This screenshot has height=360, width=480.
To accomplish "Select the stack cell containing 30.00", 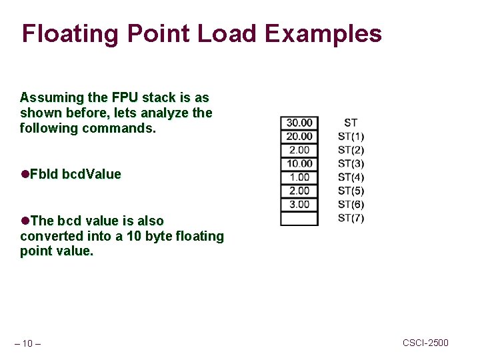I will pos(299,123).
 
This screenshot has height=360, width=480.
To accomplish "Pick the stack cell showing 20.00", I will pos(299,137).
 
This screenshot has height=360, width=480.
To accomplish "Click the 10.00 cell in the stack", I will pos(299,164).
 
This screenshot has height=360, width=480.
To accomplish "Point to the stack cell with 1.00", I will pos(299,177).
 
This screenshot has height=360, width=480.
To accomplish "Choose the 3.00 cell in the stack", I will pos(299,205).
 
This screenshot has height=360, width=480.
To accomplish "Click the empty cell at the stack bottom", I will pos(299,219).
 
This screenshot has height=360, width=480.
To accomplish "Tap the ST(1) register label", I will pos(351,137).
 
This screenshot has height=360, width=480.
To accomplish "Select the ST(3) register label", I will pos(351,164).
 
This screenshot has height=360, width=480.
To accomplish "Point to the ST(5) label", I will pos(351,191).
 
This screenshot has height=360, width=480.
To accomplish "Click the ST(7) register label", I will pos(351,219).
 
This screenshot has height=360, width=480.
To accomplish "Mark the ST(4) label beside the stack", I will pos(351,177).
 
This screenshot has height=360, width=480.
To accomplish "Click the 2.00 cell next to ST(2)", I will pos(299,150).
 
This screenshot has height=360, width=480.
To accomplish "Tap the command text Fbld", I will pos(43,175).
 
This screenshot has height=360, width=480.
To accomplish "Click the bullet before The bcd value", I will pos(25,221).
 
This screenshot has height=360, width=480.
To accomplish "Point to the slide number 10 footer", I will pos(27,343).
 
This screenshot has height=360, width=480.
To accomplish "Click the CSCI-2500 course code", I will pos(425,343).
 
